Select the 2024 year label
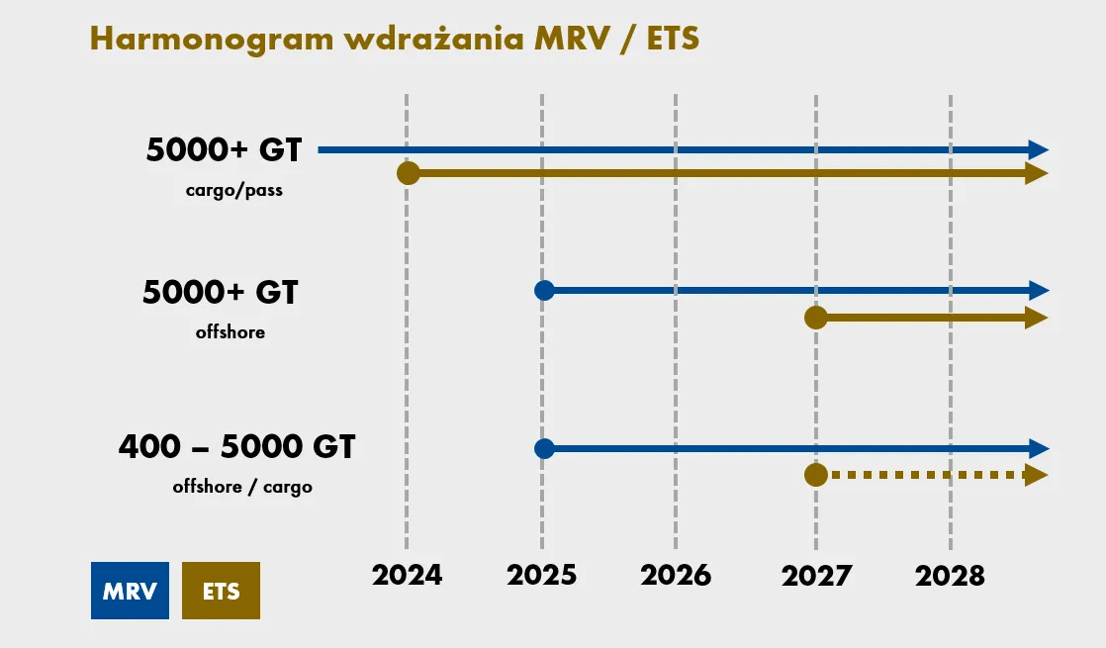(407, 576)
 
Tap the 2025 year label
(541, 576)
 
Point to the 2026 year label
(676, 576)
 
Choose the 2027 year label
(816, 576)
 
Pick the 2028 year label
(951, 576)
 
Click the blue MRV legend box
(130, 591)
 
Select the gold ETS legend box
(221, 591)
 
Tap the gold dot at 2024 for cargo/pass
(408, 174)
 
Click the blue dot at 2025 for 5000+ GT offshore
(543, 290)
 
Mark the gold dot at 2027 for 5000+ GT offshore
(816, 318)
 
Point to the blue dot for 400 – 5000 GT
(543, 448)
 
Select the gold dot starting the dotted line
(816, 475)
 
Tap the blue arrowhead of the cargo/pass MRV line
(1038, 150)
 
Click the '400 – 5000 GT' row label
(236, 447)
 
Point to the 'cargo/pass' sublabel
(234, 190)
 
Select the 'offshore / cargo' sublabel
(242, 487)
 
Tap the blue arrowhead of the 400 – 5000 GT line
(1038, 448)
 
